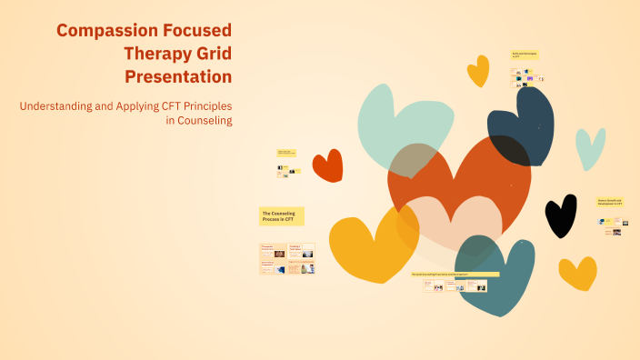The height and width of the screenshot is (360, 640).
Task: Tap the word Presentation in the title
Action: point(178,76)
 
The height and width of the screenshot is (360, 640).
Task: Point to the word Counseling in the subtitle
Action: point(205,121)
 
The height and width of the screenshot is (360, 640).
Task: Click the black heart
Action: point(560,215)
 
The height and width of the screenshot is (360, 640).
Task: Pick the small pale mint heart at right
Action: point(590,147)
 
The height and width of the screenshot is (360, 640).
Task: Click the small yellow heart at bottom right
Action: point(577,272)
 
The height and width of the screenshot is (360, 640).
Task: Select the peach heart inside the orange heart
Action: point(447,223)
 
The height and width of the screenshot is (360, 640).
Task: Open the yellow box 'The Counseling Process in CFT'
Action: point(282,216)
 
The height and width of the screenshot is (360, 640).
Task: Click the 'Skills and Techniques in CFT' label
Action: point(525,55)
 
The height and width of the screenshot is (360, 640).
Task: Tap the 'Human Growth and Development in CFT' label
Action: point(610,202)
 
